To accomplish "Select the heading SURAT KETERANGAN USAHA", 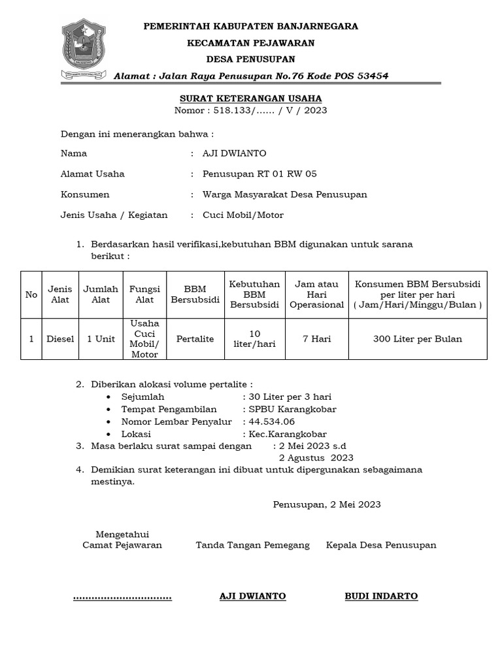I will click(250, 98).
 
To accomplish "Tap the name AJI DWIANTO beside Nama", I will click(234, 153).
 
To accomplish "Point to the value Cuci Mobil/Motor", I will click(243, 215).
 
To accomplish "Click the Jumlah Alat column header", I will click(101, 294).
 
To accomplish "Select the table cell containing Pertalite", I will click(195, 339).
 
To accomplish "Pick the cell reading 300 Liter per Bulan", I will click(418, 339).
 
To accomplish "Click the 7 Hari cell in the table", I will click(316, 339).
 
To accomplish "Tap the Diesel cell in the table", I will click(60, 339).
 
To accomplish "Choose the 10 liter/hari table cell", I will click(254, 339).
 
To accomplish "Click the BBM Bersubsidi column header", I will click(195, 294).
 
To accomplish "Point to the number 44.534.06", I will click(268, 421).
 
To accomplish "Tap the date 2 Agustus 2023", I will click(316, 457).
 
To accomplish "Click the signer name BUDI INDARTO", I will click(381, 596).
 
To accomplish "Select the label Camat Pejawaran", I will click(122, 544).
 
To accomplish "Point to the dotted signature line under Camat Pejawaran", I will click(122, 597).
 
